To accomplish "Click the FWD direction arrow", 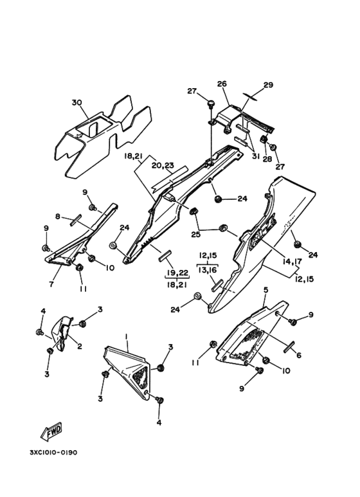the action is (x=51, y=432).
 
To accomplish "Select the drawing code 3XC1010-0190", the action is (x=53, y=452).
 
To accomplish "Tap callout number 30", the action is (x=76, y=103).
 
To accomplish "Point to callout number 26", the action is (x=222, y=84).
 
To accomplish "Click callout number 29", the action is (x=268, y=85).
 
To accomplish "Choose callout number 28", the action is (x=267, y=158).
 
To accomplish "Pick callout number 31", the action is (x=255, y=157).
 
